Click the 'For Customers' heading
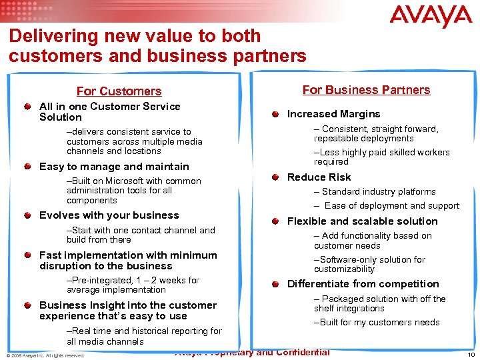pos(119,91)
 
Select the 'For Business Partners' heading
pos(366,90)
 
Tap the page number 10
pos(471,355)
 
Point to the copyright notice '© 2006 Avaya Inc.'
pos(45,355)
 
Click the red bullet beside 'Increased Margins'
pos(275,114)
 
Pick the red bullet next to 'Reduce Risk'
pos(275,177)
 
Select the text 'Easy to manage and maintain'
pos(114,167)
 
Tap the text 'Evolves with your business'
pos(109,215)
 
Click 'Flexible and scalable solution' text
pos(362,221)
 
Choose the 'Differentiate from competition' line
pos(363,284)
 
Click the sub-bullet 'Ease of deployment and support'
pos(391,206)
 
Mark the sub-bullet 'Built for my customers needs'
pos(377,323)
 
